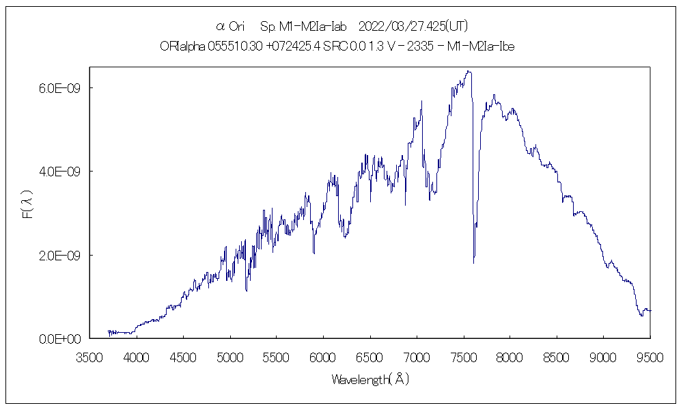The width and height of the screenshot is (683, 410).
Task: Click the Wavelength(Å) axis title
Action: pos(370,379)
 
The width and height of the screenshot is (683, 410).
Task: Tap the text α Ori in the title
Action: pos(230,27)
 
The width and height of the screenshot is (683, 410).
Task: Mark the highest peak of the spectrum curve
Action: pos(468,71)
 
